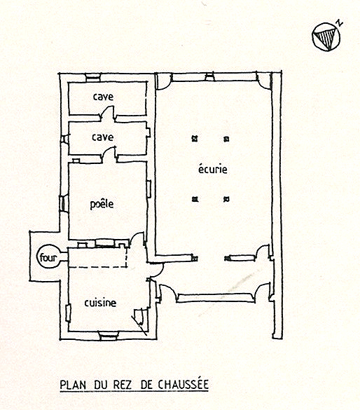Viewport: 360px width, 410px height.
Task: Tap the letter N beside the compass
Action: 340,23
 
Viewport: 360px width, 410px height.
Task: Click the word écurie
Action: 213,169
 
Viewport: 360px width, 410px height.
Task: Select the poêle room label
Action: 102,204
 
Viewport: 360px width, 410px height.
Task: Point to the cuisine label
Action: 100,303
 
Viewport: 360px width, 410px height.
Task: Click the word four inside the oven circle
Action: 48,257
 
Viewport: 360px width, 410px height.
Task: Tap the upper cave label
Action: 103,97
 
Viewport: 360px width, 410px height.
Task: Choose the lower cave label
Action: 103,137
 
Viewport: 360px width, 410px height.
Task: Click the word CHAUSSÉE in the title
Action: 183,384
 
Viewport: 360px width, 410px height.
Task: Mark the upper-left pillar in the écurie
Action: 195,139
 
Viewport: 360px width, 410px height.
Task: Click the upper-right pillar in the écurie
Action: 226,139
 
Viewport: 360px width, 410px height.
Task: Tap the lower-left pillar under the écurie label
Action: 195,199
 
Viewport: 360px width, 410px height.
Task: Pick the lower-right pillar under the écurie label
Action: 226,199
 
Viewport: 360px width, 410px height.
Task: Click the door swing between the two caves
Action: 108,114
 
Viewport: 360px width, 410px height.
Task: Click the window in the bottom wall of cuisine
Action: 109,336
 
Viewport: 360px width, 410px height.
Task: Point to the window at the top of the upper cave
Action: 93,78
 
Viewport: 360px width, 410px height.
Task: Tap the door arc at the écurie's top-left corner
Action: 164,81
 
